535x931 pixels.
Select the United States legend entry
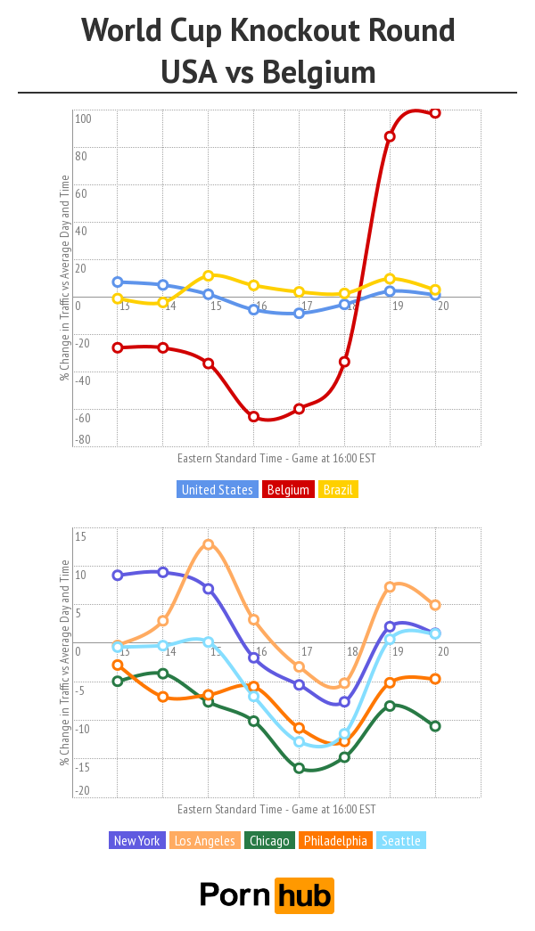(218, 489)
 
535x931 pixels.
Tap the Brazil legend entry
(338, 489)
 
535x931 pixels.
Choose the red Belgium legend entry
(288, 489)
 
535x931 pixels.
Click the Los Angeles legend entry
(205, 840)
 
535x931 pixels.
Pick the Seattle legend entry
(400, 840)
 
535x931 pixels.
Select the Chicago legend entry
(269, 840)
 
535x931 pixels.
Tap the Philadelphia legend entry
(335, 840)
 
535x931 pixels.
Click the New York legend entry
(136, 840)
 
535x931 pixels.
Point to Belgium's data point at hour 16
(253, 417)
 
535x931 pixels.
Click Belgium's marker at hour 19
(390, 136)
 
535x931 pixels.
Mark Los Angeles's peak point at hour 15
(208, 544)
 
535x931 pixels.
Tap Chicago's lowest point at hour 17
(299, 768)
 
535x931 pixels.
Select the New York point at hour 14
(162, 572)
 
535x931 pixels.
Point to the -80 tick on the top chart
(82, 440)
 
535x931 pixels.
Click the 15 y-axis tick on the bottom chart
(80, 536)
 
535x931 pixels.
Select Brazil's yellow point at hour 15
(208, 275)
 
